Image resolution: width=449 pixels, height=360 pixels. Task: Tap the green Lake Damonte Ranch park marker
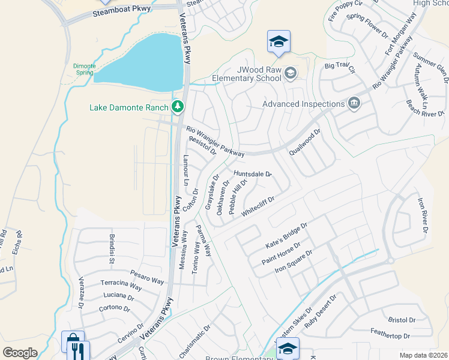coord(177,107)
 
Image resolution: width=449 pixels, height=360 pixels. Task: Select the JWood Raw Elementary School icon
coord(291,73)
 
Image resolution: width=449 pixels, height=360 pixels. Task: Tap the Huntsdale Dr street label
coord(253,174)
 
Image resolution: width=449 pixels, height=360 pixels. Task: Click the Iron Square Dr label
coord(294,262)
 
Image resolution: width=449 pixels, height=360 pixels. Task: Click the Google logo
coord(20,353)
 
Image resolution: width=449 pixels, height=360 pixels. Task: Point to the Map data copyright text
coord(423,355)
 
